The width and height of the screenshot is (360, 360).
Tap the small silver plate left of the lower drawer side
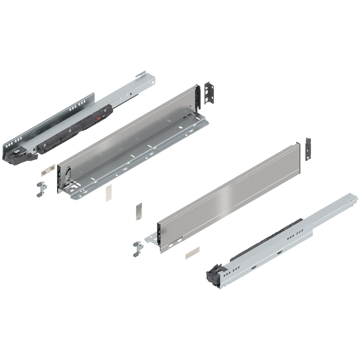(x=139, y=211)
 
